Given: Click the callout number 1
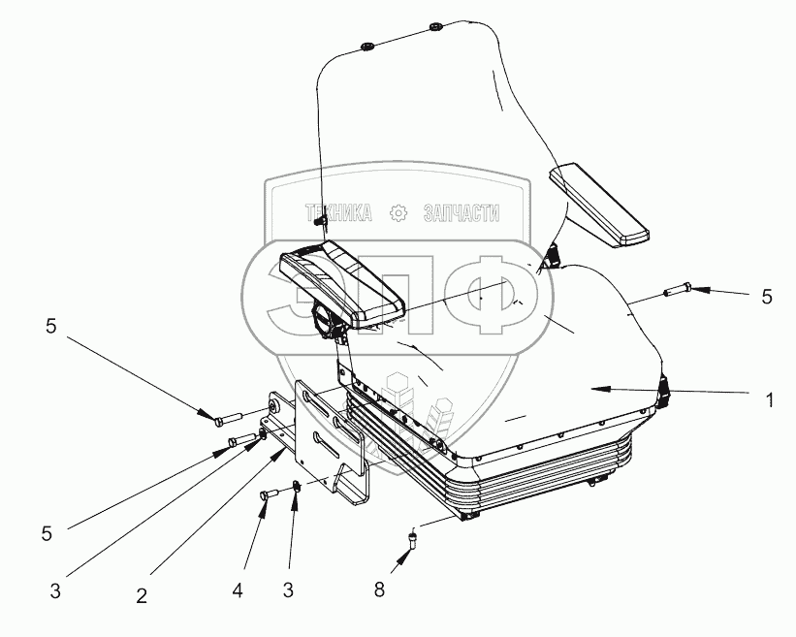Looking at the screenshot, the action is pos(769,399).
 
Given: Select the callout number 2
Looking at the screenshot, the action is pos(141,597).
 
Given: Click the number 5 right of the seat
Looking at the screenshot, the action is pos(767,298).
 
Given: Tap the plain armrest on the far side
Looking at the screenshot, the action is pos(597,207).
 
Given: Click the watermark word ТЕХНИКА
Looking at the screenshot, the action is pos(339,213).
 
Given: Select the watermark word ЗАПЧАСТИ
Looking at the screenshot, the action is pos(462,213).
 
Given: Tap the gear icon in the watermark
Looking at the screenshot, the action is pos(398,213).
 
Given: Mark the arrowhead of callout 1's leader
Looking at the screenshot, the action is pos(595,388).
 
